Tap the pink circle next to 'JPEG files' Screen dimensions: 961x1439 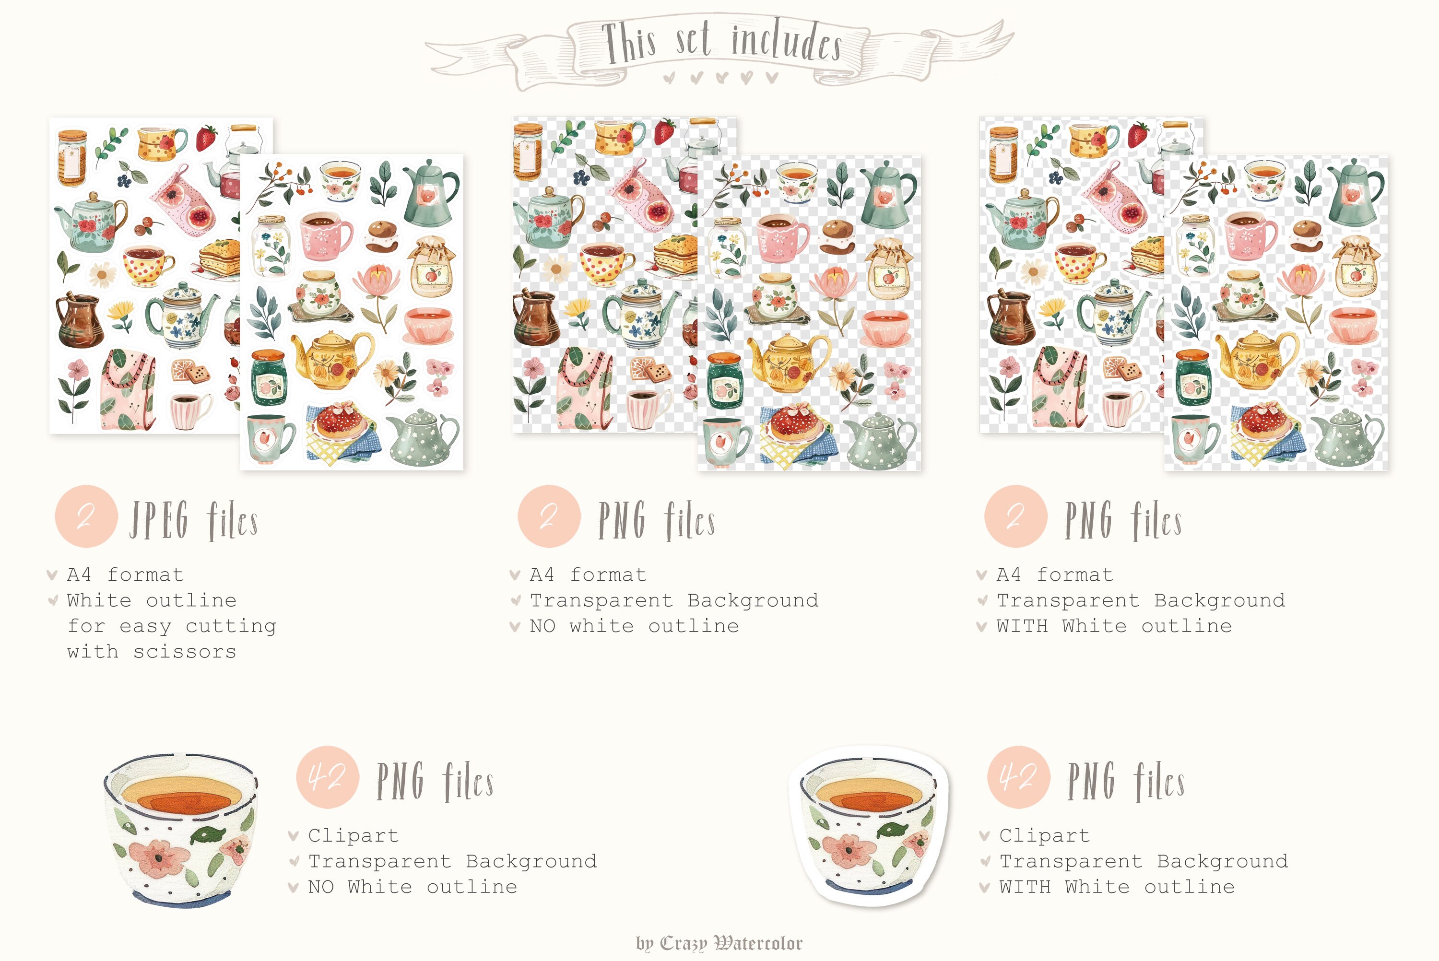tap(86, 516)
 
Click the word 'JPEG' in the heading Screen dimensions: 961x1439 tap(159, 520)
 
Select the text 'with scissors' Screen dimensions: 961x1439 tap(152, 652)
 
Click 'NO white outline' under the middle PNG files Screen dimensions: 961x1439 tap(634, 626)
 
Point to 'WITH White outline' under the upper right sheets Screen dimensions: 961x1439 tap(1114, 626)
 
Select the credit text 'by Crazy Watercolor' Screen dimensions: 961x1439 tap(719, 943)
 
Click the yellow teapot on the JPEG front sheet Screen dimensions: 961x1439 tap(331, 361)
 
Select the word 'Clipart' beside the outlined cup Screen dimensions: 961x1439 tap(1044, 835)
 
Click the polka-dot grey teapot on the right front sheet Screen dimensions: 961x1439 tap(1347, 439)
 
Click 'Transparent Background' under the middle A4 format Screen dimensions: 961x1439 tap(674, 600)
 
